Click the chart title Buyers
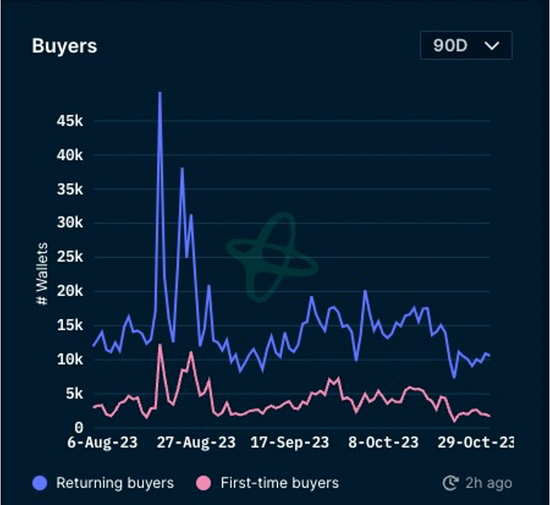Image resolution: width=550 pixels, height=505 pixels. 64,46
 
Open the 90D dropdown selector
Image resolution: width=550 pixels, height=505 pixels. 466,46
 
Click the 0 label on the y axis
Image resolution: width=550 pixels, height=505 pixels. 79,427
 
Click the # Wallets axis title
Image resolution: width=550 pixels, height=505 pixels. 42,275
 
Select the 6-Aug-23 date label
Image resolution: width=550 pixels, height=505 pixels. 103,442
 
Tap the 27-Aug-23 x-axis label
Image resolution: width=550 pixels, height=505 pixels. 196,442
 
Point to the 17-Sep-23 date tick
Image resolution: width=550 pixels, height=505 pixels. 290,442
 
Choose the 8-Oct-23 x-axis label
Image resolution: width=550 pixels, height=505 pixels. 384,442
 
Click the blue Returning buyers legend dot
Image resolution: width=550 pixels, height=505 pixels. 40,484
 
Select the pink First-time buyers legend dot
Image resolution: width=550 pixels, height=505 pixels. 204,484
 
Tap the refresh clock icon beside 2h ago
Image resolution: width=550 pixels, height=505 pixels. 450,484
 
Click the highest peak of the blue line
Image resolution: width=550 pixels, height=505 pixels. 159,92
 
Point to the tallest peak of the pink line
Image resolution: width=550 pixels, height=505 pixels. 159,345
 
